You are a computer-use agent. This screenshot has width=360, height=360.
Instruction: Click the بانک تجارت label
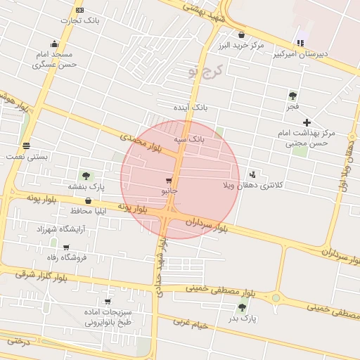79,20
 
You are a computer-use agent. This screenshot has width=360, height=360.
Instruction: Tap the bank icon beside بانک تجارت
79,10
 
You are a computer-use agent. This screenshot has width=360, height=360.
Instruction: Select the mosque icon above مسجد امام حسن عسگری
54,44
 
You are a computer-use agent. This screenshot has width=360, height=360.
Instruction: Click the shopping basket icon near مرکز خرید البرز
241,34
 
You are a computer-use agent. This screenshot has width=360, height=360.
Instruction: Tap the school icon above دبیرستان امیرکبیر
301,43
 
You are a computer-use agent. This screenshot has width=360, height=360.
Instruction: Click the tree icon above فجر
292,96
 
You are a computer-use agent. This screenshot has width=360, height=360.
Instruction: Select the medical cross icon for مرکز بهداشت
307,122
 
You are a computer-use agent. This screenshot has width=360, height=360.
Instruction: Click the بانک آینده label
191,108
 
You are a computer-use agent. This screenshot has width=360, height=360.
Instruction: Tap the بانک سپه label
191,139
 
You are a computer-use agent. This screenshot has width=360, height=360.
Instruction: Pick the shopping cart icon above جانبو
169,181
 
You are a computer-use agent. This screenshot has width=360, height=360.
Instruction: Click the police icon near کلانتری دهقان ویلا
253,174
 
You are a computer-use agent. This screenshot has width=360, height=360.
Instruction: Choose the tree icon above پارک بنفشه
86,176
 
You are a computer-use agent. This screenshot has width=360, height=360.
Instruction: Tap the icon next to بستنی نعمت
26,146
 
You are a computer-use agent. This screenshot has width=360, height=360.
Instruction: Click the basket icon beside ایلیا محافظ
88,201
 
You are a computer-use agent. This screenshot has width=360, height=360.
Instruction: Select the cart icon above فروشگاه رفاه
66,247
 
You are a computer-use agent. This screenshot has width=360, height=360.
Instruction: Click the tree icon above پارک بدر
243,307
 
